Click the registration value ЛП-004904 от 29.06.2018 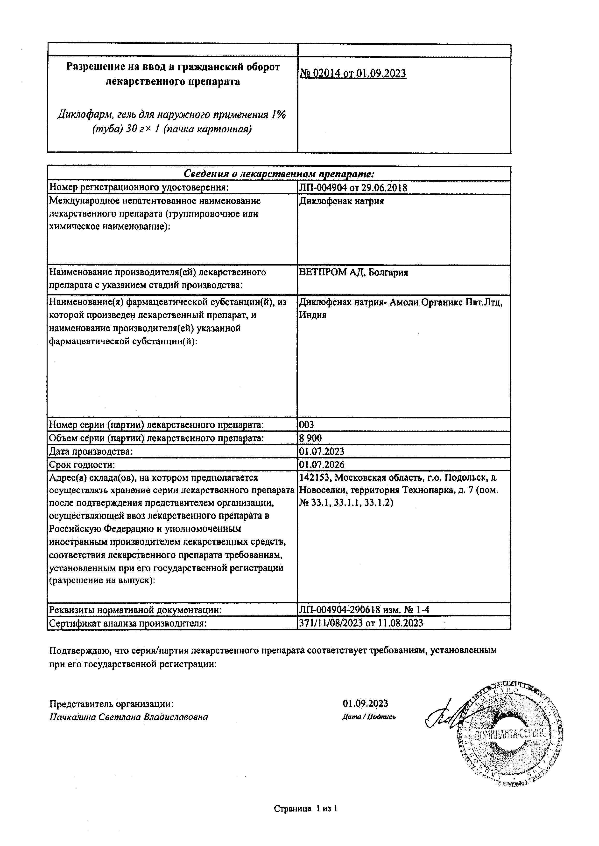(353, 188)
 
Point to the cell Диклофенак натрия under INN (341, 201)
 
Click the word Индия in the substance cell (312, 315)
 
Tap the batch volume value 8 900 (310, 438)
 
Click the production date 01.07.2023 (321, 451)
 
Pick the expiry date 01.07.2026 (321, 465)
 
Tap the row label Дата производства (90, 451)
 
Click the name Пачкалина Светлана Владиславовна (128, 717)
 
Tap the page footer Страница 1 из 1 (306, 809)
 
